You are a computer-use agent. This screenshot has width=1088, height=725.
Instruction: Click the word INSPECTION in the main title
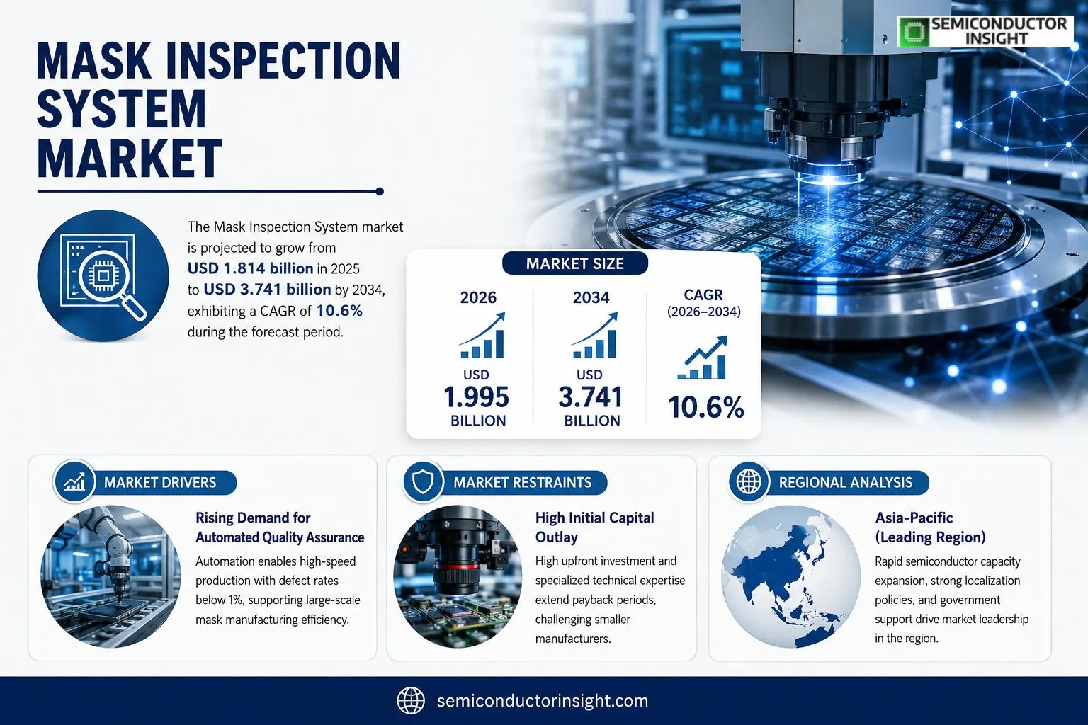tap(283, 61)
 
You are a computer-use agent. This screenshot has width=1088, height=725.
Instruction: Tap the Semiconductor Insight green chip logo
tap(914, 32)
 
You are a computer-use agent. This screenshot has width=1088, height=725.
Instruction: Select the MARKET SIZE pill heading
tap(575, 263)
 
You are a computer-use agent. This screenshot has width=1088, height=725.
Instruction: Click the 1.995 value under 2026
tap(476, 396)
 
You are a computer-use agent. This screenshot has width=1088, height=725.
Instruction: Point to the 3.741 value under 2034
tap(591, 396)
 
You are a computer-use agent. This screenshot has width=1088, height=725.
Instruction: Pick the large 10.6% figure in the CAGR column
tap(705, 407)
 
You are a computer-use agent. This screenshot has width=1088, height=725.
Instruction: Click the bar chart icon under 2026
tap(482, 335)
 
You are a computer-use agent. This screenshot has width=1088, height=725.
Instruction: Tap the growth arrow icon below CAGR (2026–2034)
tap(703, 357)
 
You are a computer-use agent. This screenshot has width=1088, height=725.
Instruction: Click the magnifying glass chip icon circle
tap(103, 275)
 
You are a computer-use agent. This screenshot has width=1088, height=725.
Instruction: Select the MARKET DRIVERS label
tap(160, 482)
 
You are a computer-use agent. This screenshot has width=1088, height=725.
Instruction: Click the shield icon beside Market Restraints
tap(423, 481)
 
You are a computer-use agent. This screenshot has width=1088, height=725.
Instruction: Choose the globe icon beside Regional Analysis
tap(749, 481)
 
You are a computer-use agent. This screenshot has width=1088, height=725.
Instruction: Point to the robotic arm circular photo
tap(110, 576)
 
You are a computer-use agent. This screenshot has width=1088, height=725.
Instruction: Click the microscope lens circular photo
tap(457, 576)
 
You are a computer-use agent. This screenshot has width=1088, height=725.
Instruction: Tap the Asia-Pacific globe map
tap(790, 576)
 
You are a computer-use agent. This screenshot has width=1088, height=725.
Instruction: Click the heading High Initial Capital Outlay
tap(594, 527)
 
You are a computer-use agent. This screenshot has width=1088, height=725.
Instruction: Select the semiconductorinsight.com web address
tap(543, 701)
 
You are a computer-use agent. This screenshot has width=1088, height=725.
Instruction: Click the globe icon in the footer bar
tap(411, 701)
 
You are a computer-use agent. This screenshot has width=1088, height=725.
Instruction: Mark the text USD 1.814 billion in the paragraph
tap(250, 268)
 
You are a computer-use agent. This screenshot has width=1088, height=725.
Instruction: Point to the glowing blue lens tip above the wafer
tap(829, 178)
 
